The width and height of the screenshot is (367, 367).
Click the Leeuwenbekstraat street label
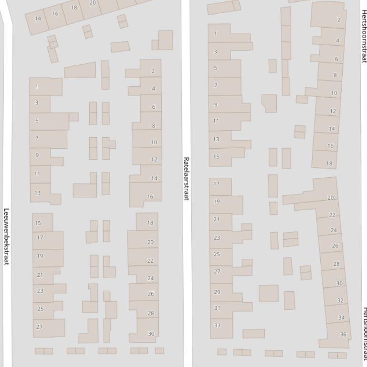(7, 236)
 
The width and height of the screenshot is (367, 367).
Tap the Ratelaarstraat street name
(187, 178)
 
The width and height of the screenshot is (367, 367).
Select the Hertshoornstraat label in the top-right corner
(364, 31)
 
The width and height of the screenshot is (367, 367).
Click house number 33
(217, 326)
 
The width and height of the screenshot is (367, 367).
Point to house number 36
(343, 334)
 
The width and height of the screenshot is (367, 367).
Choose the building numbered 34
(341, 317)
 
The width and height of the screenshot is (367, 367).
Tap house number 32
(340, 300)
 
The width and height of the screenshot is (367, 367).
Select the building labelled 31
(217, 308)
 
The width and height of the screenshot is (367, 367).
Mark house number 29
(217, 292)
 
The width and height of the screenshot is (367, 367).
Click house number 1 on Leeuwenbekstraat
(37, 87)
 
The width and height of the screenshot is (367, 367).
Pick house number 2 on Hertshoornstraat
(339, 20)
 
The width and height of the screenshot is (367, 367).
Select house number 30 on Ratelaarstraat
(151, 334)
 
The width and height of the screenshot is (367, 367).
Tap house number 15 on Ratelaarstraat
(216, 156)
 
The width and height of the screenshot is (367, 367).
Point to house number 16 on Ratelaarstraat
(150, 196)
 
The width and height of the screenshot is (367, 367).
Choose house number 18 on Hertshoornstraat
(329, 163)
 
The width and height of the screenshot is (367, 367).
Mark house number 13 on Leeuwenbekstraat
(38, 193)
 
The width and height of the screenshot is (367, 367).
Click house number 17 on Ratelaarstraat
(216, 183)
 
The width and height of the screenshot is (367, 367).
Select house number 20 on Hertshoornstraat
(330, 197)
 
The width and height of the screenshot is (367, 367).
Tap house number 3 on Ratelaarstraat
(215, 51)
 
